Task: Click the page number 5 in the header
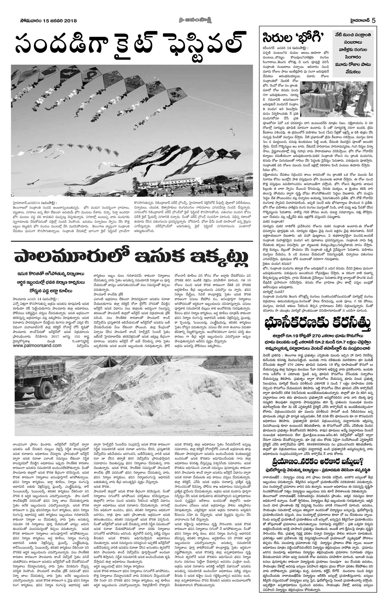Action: click(x=373, y=20)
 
